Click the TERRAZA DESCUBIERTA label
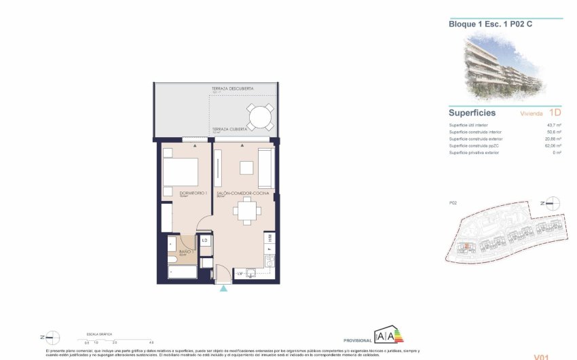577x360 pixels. tap(232, 89)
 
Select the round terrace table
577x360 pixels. tap(261, 118)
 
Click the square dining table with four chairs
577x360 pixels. tap(246, 213)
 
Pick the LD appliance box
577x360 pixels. tap(205, 240)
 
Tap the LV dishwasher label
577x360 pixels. tap(240, 273)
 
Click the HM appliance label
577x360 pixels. tap(269, 237)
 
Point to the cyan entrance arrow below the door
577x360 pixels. tap(224, 288)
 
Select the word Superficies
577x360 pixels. tap(472, 113)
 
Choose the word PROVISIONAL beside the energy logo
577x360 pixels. tap(356, 340)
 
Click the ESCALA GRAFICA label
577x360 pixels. tap(98, 335)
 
